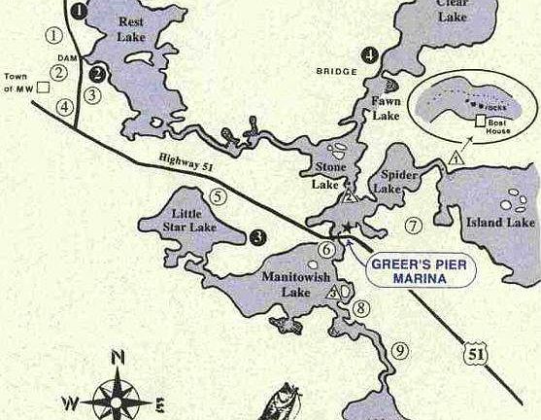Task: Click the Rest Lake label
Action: pos(130,28)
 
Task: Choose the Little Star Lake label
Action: pos(192,221)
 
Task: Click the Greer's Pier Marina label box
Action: pos(421,271)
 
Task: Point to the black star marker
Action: pos(348,227)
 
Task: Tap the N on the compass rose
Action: pos(118,357)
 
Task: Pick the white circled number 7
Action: pos(413,227)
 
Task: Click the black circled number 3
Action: pos(257,234)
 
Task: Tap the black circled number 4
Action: pos(371,53)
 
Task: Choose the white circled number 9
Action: pos(399,351)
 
